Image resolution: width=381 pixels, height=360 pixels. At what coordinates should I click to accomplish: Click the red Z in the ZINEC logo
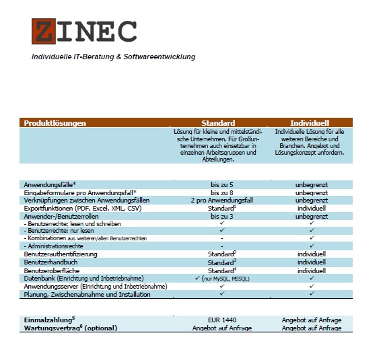click(x=44, y=31)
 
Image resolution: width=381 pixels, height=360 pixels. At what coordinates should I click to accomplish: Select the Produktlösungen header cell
click(x=55, y=123)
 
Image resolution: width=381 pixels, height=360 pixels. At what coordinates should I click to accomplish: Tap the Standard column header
click(x=218, y=123)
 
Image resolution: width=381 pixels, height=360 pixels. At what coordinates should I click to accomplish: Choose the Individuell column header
click(x=310, y=123)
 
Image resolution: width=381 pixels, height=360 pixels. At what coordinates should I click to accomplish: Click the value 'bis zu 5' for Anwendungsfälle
click(x=221, y=184)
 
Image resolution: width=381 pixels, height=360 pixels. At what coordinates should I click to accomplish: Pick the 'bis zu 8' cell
click(x=221, y=192)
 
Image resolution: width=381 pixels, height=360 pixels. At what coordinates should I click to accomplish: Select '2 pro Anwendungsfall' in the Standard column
click(x=221, y=201)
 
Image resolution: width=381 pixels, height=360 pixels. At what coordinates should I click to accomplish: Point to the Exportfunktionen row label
click(x=81, y=209)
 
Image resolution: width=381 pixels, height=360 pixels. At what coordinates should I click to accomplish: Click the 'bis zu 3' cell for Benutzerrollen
click(x=221, y=217)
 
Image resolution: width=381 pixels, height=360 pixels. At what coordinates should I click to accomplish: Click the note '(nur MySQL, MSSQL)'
click(x=232, y=278)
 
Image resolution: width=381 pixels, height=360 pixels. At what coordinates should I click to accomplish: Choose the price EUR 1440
click(x=222, y=320)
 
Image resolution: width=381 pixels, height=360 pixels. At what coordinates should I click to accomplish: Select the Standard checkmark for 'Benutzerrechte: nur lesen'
click(x=221, y=231)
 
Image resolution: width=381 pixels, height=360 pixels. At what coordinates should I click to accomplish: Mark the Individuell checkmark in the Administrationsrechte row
click(x=312, y=246)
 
